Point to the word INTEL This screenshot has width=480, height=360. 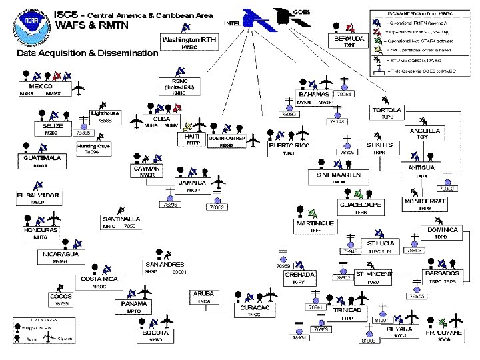[x=233, y=24]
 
